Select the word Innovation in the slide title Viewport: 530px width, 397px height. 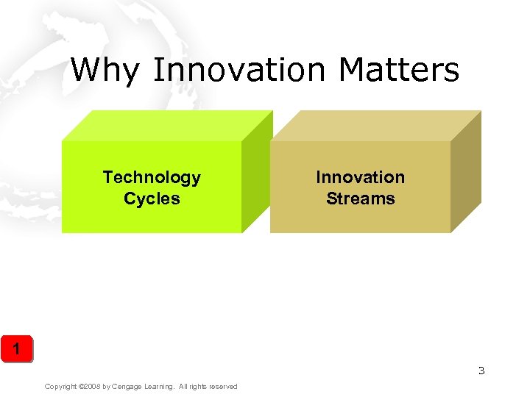tap(239, 71)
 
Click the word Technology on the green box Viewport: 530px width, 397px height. tap(152, 177)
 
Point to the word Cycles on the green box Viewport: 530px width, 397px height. tap(152, 198)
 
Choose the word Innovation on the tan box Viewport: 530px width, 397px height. tap(360, 177)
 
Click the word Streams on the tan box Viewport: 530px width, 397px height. tap(360, 198)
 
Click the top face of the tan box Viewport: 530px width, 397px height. tap(375, 126)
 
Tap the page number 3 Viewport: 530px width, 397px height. tap(481, 371)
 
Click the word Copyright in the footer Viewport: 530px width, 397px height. tap(61, 387)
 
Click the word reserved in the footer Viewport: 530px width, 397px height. tap(223, 387)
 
